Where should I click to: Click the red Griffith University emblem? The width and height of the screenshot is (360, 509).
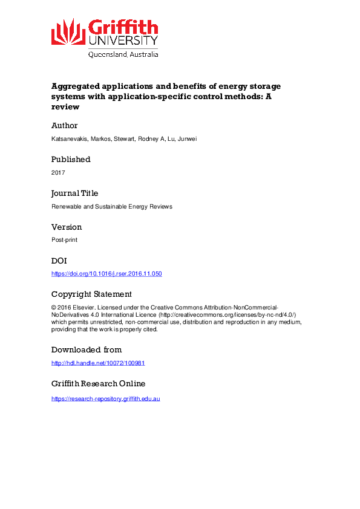(x=68, y=31)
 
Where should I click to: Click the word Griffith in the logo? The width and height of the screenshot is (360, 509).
(x=123, y=27)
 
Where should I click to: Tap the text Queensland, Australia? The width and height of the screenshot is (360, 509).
(x=123, y=54)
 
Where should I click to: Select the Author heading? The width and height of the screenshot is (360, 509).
(x=65, y=126)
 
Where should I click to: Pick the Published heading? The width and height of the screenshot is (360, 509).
(x=71, y=160)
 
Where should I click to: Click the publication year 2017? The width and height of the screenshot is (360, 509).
(x=57, y=173)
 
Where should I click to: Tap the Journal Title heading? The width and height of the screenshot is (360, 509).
(x=74, y=193)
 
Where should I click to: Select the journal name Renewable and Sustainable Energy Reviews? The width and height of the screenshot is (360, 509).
(x=112, y=207)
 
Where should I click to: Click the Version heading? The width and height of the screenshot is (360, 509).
(x=67, y=227)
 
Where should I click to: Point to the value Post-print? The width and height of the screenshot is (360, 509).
(x=64, y=241)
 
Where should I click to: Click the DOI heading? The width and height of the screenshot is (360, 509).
(x=59, y=261)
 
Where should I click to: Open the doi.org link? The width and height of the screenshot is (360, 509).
(x=106, y=274)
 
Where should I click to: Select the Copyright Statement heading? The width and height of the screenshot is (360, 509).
(x=91, y=294)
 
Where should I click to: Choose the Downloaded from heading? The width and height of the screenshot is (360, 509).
(x=87, y=350)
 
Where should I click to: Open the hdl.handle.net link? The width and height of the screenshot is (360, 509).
(x=98, y=363)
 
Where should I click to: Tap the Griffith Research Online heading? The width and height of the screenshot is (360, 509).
(x=98, y=384)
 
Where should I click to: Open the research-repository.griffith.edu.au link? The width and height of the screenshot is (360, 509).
(x=105, y=399)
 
